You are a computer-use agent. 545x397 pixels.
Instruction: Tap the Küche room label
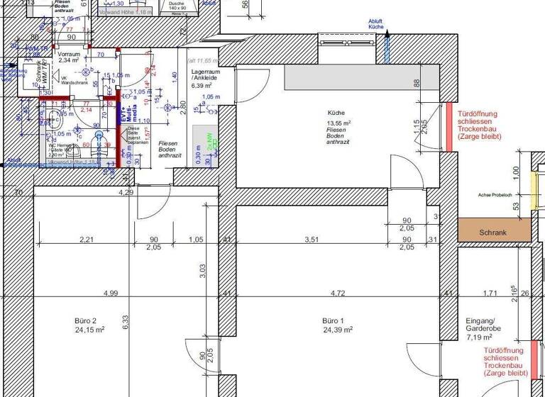click(336, 113)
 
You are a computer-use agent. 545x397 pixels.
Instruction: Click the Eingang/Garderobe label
click(484, 325)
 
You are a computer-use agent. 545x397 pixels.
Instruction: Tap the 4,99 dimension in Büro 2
click(110, 292)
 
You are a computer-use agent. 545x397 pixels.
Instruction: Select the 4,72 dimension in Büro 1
click(338, 292)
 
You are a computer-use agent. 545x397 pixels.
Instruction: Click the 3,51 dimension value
click(312, 240)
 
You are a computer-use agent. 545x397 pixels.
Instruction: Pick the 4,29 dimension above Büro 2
click(126, 192)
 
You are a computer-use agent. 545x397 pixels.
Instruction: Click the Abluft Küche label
click(375, 24)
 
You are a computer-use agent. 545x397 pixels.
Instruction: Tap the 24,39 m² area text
click(338, 330)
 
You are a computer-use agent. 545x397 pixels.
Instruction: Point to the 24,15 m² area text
click(89, 330)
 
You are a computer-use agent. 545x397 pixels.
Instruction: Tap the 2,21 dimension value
click(87, 240)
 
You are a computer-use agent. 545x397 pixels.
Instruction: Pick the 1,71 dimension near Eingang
click(490, 292)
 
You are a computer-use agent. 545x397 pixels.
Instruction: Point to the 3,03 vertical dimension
click(202, 270)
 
